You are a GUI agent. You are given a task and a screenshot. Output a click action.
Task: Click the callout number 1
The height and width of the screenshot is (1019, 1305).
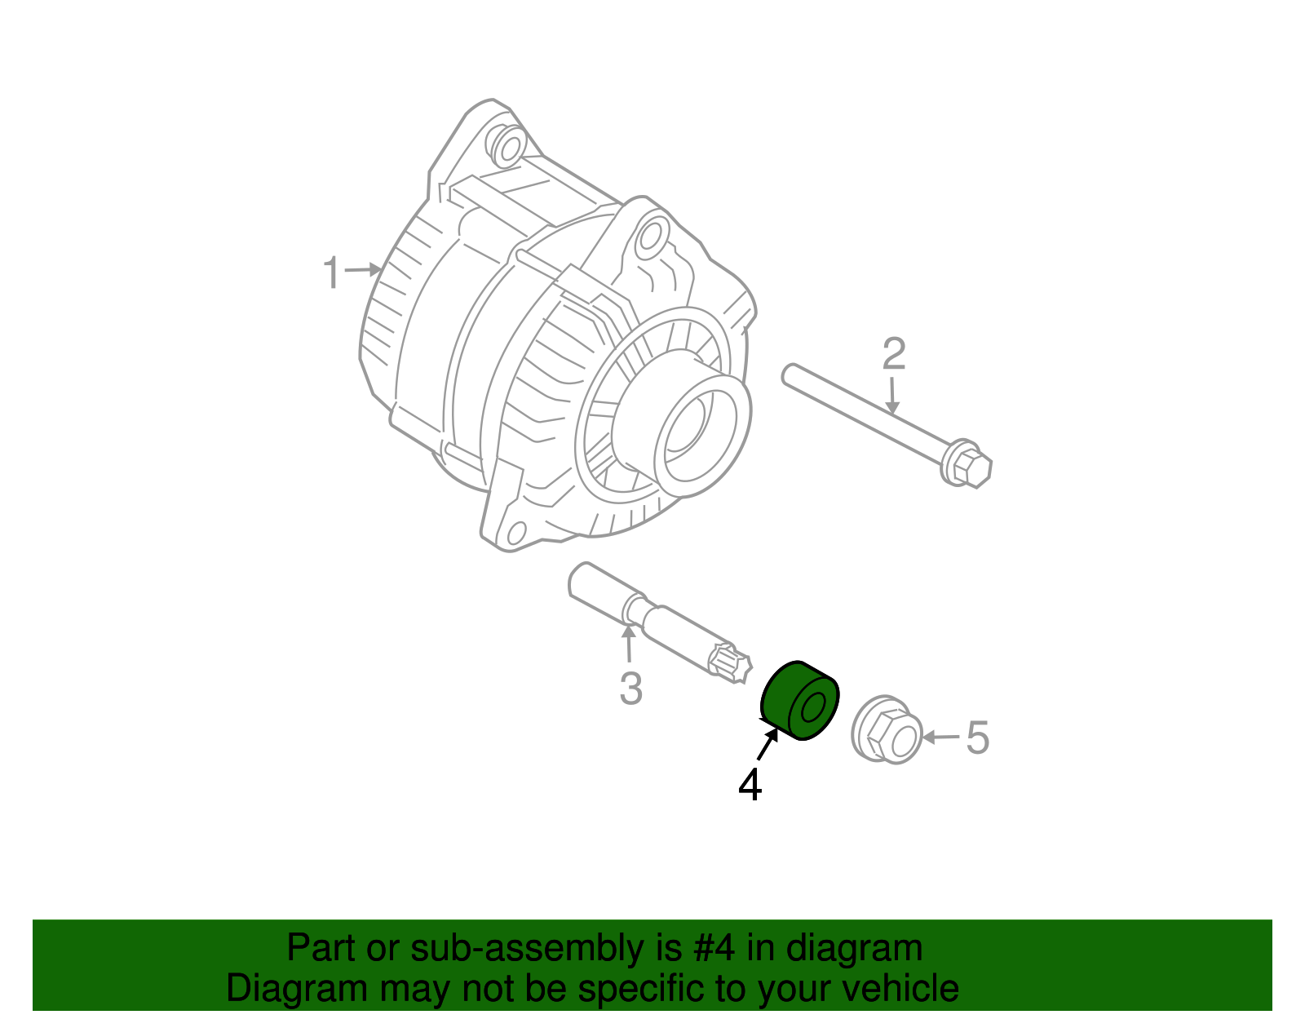[x=330, y=272]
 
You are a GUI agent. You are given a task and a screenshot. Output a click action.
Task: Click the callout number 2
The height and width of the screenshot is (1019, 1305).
[x=894, y=354]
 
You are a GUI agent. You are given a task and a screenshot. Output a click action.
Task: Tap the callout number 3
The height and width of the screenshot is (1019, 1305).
[x=630, y=689]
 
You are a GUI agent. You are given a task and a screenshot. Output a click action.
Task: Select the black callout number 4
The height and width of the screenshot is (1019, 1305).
[x=750, y=785]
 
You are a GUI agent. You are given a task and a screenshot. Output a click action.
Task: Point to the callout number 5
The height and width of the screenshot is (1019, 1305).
[x=977, y=738]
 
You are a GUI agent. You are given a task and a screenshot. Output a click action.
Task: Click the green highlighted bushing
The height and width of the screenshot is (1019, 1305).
[x=799, y=700]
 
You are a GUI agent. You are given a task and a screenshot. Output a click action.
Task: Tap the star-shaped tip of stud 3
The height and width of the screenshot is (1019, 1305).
[x=729, y=662]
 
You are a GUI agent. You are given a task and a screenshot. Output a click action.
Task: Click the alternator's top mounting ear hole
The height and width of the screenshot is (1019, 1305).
[x=508, y=148]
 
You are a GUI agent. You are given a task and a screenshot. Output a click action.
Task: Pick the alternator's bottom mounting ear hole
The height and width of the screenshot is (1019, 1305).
[x=515, y=534]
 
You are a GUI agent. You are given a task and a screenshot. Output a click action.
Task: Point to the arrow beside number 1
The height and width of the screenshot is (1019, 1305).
[x=363, y=269]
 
